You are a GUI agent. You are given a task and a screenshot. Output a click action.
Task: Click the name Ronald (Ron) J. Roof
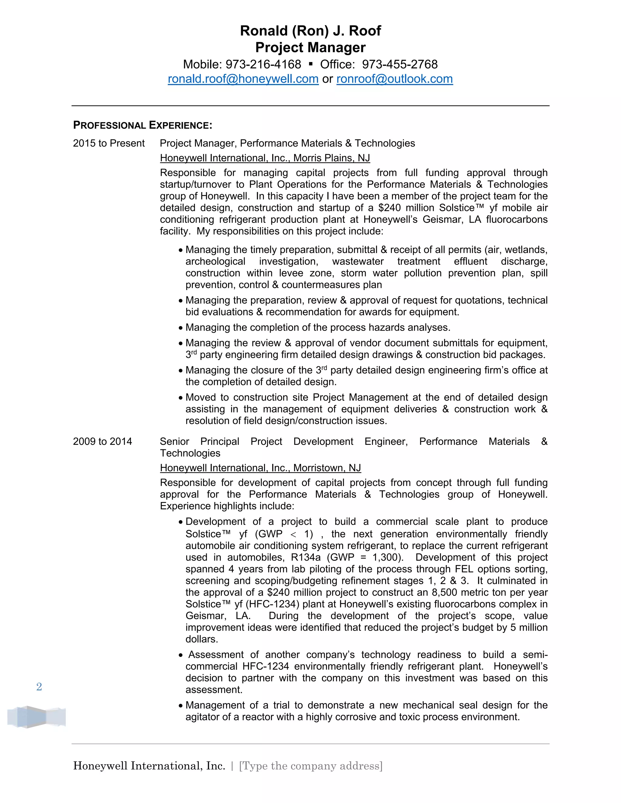pyautogui.click(x=310, y=31)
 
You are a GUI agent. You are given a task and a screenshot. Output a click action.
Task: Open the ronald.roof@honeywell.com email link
pyautogui.click(x=243, y=79)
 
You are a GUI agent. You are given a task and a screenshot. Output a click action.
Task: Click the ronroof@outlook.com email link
pyautogui.click(x=394, y=79)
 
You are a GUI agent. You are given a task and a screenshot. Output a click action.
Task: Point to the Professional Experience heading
pyautogui.click(x=143, y=125)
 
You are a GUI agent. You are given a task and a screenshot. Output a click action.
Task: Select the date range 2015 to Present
pyautogui.click(x=109, y=143)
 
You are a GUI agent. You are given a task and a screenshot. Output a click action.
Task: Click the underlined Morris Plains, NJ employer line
pyautogui.click(x=265, y=158)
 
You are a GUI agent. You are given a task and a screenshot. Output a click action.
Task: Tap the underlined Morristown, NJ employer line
pyautogui.click(x=260, y=468)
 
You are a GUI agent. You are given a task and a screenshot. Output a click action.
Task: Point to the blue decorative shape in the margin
pyautogui.click(x=36, y=717)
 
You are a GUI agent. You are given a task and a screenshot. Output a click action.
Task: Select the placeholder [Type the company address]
pyautogui.click(x=311, y=766)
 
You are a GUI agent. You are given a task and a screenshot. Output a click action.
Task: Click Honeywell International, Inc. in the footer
pyautogui.click(x=149, y=766)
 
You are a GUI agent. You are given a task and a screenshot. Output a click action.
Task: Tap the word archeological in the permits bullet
pyautogui.click(x=215, y=262)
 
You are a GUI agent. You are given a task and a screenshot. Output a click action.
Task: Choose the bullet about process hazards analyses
pyautogui.click(x=317, y=328)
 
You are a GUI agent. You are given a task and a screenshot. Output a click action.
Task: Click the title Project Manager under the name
pyautogui.click(x=310, y=48)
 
